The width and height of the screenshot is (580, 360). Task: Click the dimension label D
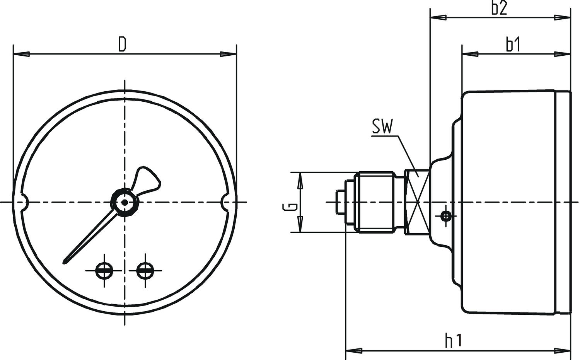(122, 44)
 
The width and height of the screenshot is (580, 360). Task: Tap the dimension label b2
(499, 8)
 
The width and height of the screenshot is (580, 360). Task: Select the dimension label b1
(513, 45)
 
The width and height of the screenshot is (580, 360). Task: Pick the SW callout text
(382, 126)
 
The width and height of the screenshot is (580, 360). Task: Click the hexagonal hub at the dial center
(125, 202)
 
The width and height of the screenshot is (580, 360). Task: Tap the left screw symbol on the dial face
(104, 270)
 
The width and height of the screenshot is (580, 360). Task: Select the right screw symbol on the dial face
(145, 270)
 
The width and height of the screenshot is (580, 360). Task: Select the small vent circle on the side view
(446, 216)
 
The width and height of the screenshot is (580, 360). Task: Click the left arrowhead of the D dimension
(21, 54)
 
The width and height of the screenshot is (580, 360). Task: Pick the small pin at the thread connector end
(341, 202)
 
